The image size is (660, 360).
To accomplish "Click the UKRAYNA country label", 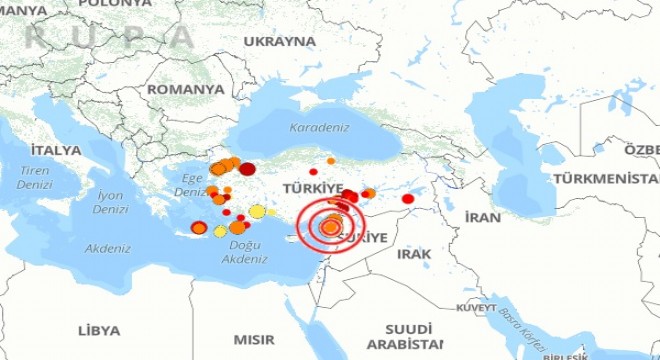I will (279, 42).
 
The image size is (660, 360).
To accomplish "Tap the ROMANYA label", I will (185, 89).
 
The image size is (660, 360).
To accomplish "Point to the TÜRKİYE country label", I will (313, 188).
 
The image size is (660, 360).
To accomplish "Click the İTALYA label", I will (55, 150).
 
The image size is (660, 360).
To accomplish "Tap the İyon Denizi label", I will (110, 203).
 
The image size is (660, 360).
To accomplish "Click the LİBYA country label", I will (99, 330).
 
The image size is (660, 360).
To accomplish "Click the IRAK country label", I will (413, 255).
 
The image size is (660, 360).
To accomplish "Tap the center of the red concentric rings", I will (331, 227).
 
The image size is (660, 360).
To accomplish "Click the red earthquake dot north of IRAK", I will (408, 199).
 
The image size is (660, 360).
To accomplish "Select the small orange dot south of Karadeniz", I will (331, 161).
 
